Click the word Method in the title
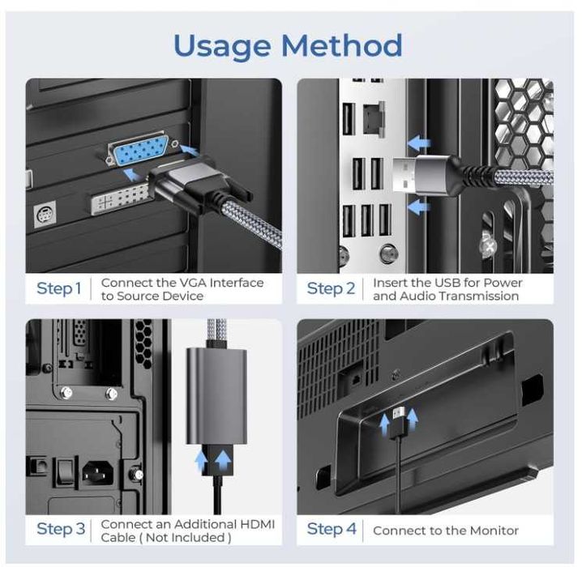[341, 45]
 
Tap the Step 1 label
[58, 289]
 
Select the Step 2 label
[331, 289]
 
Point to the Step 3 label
[61, 529]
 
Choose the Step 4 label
[332, 529]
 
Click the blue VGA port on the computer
[139, 149]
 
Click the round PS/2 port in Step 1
[45, 214]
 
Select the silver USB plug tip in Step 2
[404, 173]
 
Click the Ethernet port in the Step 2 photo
[373, 119]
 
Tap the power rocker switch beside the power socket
[65, 471]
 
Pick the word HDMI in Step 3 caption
[258, 524]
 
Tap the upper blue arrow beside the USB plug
[419, 143]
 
